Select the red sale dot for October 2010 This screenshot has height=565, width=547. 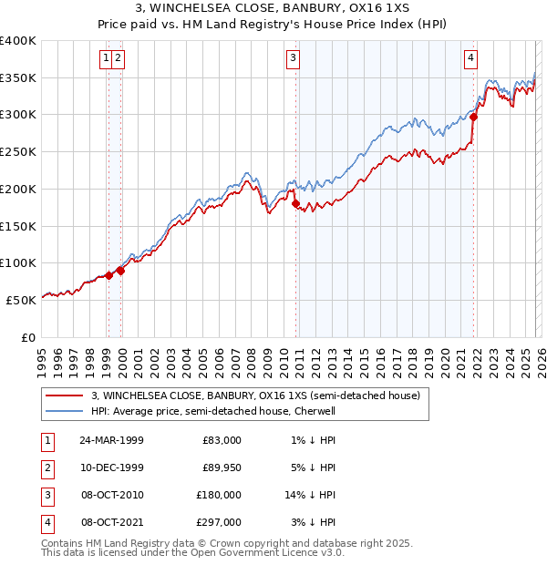[x=295, y=203]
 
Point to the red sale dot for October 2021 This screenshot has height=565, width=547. [x=474, y=117]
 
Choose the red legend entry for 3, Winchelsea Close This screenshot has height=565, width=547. [x=255, y=395]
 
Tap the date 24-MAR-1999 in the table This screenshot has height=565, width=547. [x=111, y=440]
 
